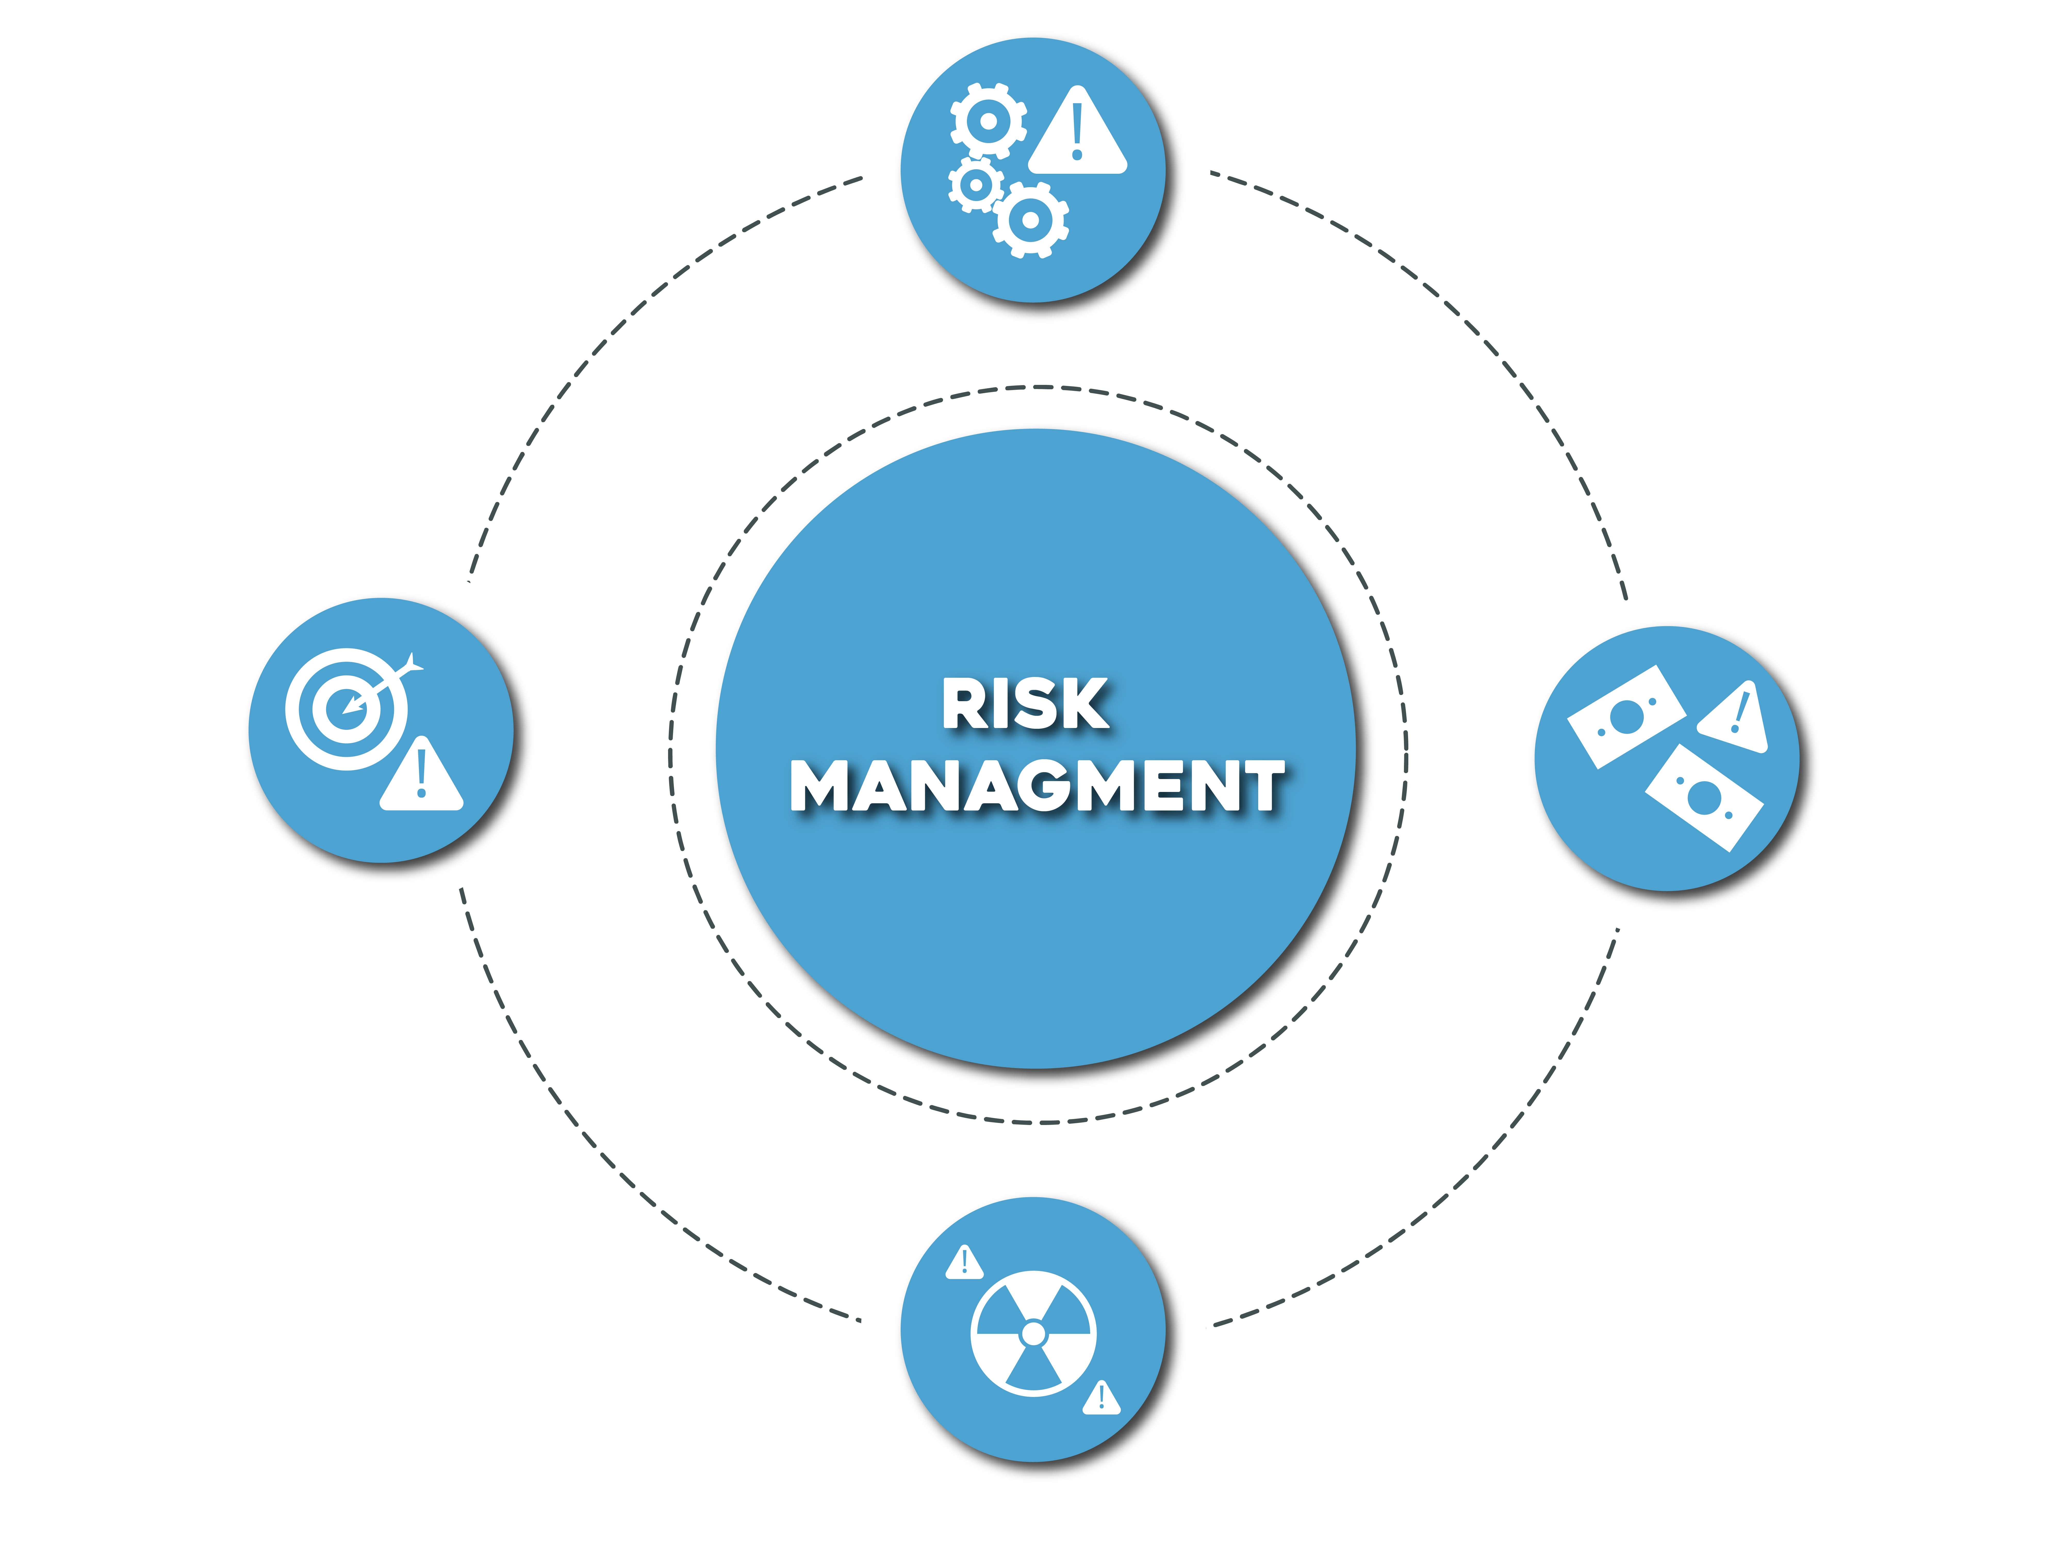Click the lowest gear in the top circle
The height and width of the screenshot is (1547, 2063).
pyautogui.click(x=1030, y=220)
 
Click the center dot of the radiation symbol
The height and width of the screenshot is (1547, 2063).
pyautogui.click(x=1033, y=1334)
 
